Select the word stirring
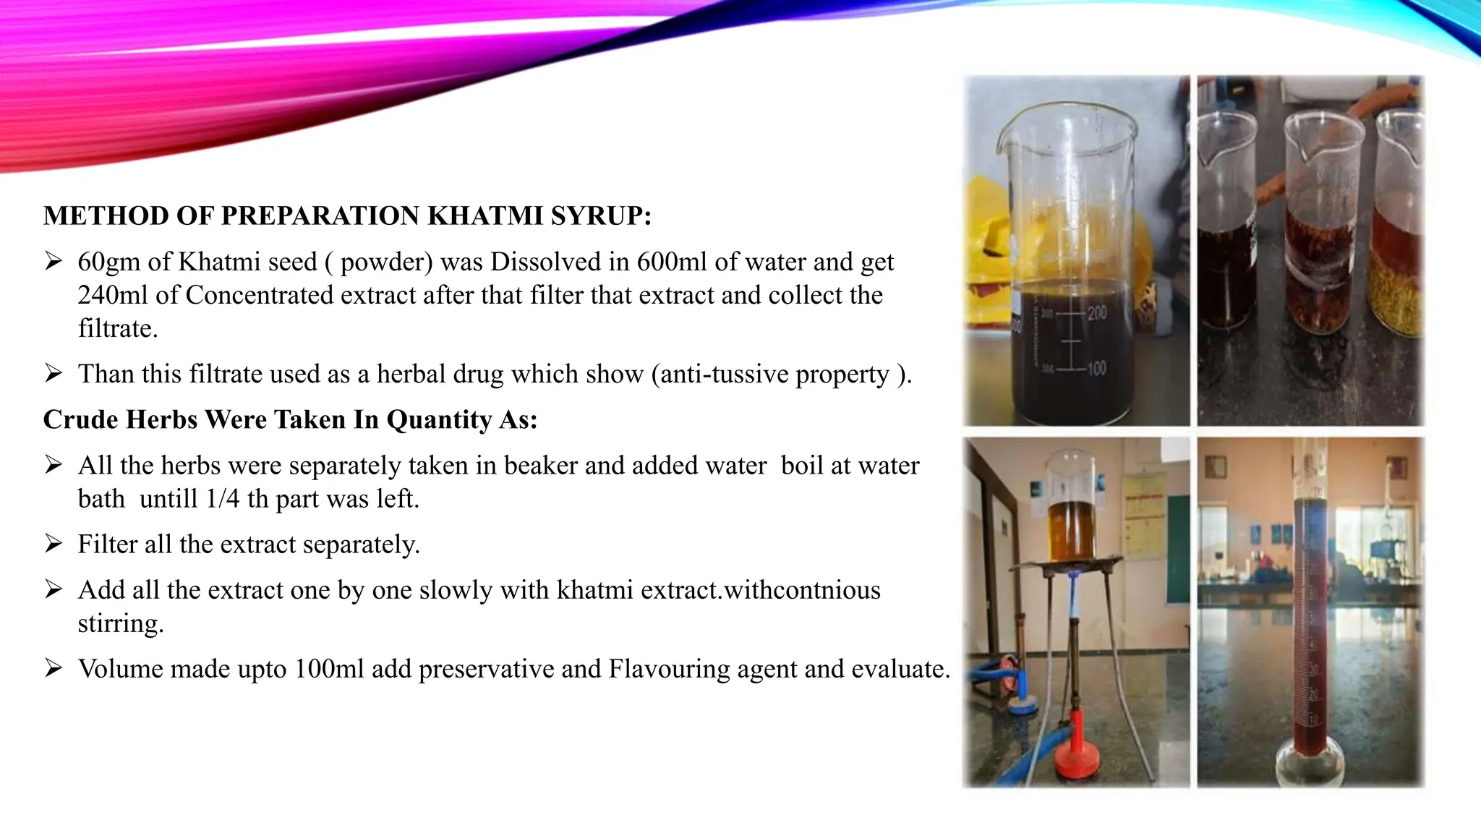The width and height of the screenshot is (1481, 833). coord(120,623)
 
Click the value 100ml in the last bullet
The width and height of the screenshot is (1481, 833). coord(329,669)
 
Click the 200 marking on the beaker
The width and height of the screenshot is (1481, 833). coord(1096,313)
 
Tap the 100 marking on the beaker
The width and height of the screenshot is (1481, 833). coord(1096,369)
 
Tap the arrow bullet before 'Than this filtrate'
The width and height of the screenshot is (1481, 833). coord(54,374)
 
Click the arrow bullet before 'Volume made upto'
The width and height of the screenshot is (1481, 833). coord(54,669)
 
